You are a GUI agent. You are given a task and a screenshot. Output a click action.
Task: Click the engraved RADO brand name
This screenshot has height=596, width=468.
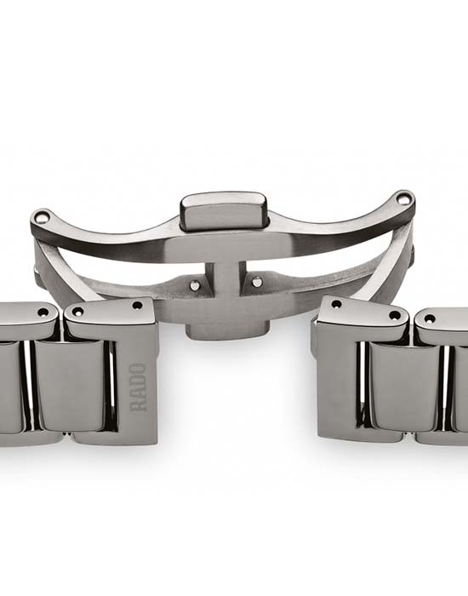138,387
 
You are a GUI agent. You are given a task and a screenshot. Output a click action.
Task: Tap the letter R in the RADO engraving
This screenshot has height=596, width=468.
138,406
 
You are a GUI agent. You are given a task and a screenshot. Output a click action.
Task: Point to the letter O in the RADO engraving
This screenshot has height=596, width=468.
138,369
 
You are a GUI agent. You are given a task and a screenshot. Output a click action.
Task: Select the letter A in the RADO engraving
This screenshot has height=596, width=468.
138,393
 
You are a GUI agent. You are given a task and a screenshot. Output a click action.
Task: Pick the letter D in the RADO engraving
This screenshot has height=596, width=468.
138,381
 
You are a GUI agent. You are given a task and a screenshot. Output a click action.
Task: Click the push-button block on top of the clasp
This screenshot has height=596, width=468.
223,211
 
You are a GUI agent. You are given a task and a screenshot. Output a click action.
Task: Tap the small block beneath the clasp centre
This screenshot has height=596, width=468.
227,330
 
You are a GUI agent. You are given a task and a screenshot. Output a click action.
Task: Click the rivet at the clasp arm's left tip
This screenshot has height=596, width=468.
41,217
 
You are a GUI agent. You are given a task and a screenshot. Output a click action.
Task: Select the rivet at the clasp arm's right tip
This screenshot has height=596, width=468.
402,198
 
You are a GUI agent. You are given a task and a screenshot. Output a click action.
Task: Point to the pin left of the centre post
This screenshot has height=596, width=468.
195,285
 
